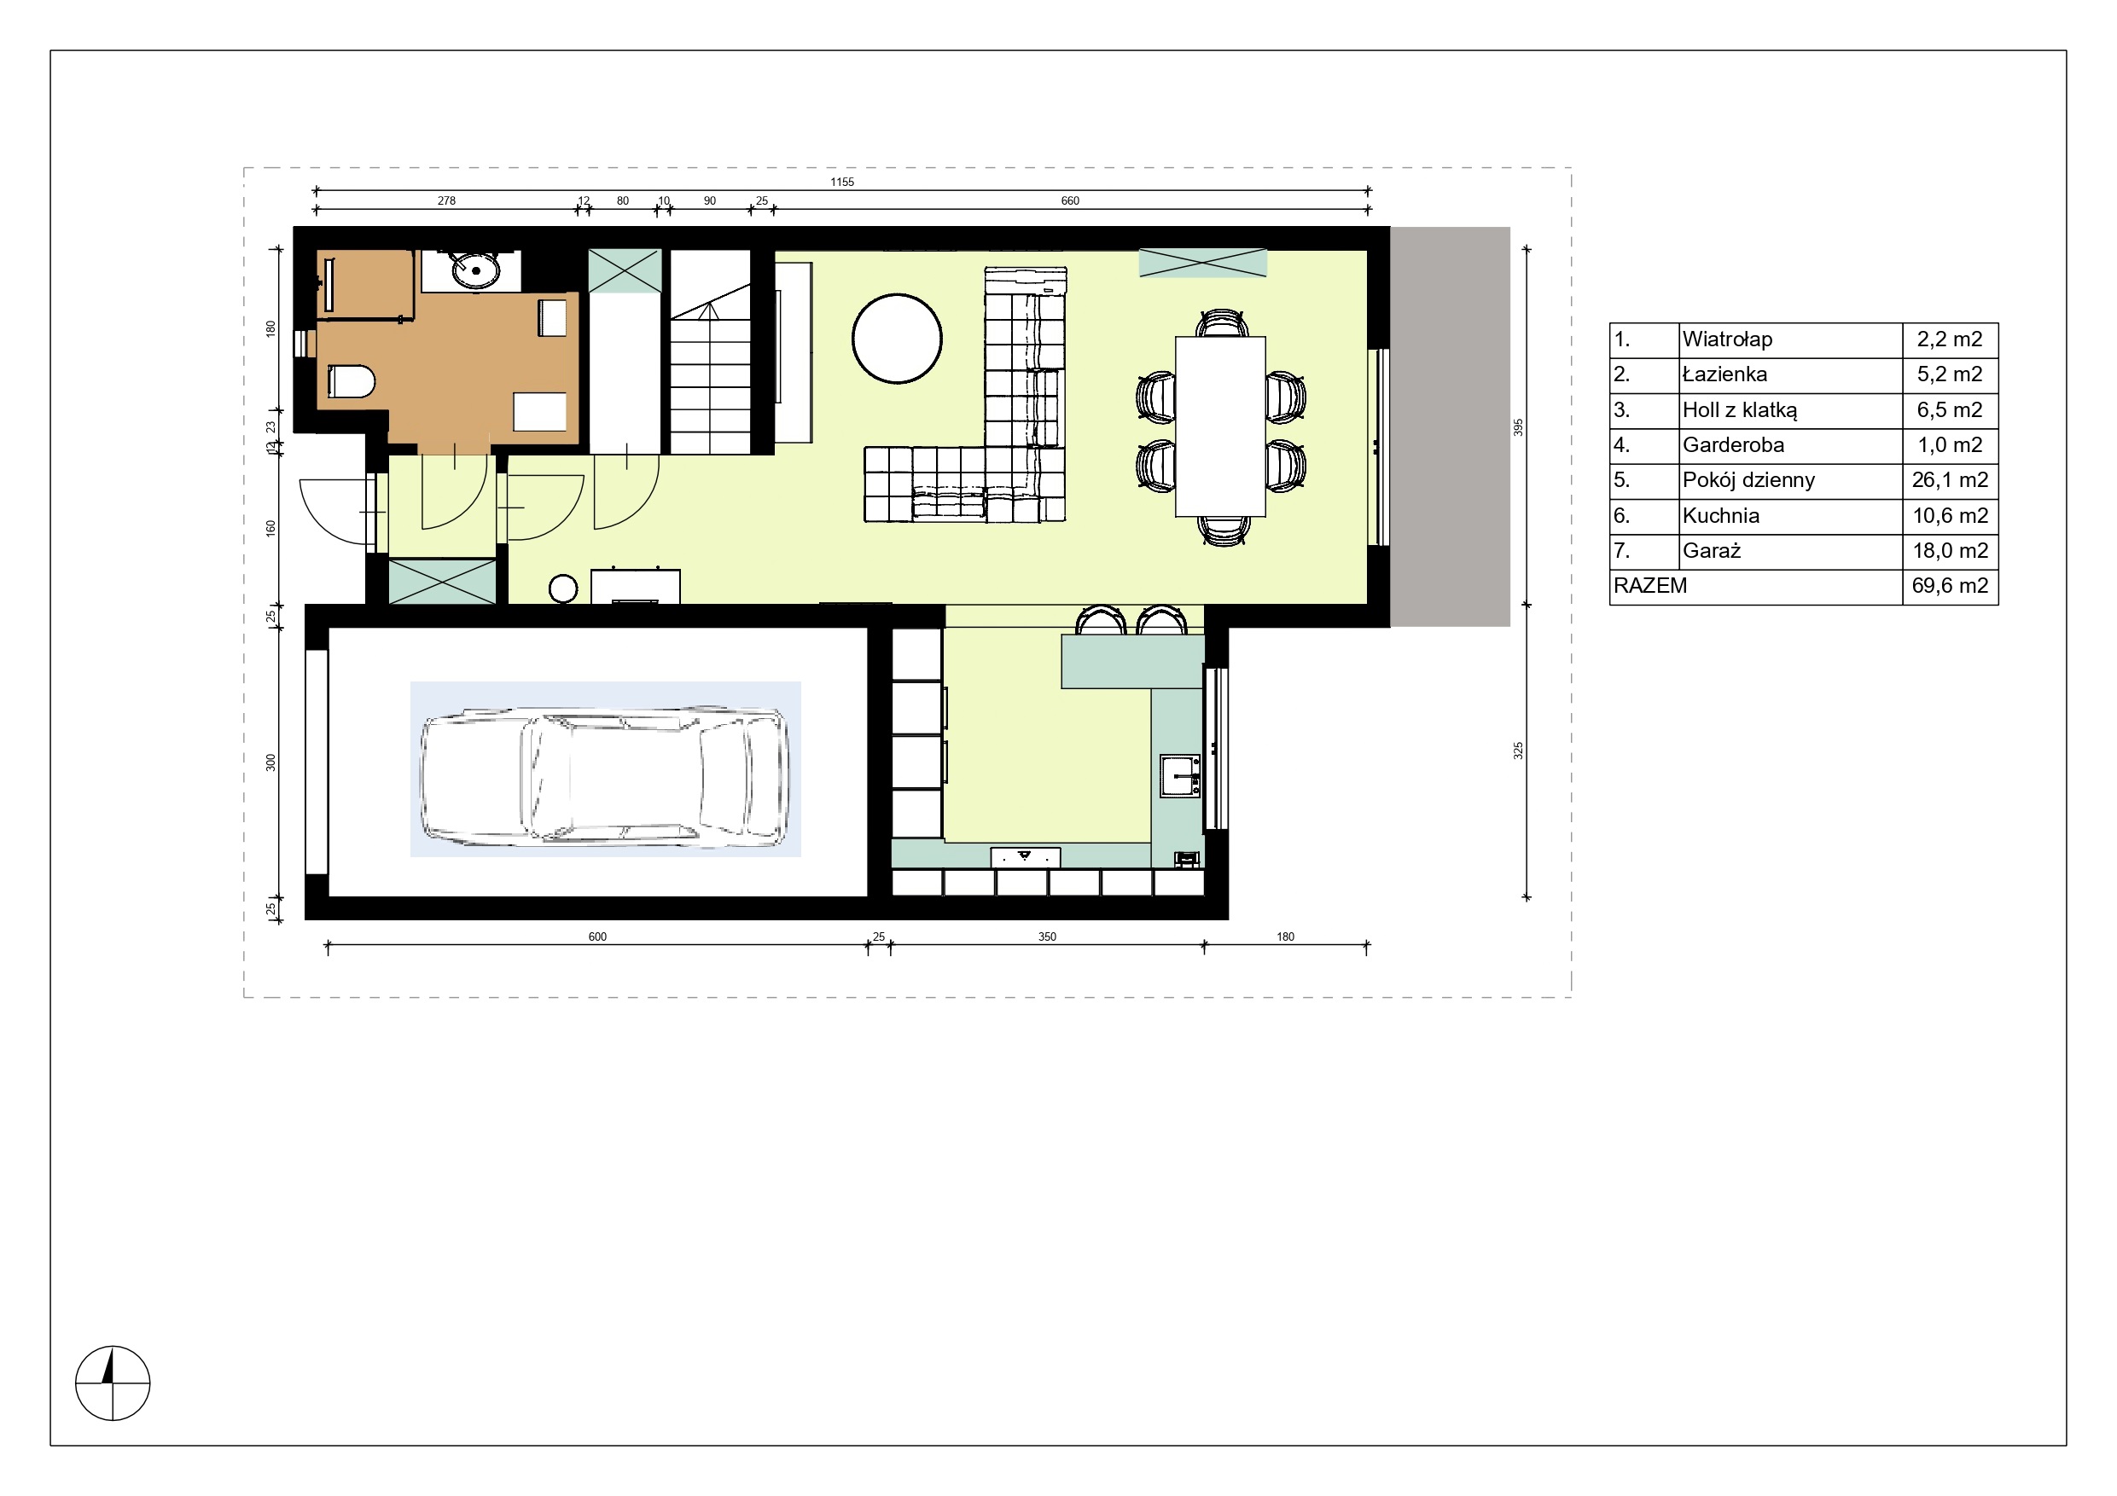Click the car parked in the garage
click(605, 776)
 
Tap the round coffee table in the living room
click(897, 339)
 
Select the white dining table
click(1220, 426)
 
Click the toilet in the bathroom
click(352, 380)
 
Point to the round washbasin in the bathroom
click(474, 270)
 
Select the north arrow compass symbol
click(113, 1383)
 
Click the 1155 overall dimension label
click(842, 183)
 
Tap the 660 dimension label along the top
click(1069, 201)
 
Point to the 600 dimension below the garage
click(597, 936)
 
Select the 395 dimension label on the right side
click(1519, 427)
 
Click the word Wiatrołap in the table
click(1727, 339)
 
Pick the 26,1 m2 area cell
click(1950, 480)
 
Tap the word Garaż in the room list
click(1712, 551)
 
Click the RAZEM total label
click(1650, 586)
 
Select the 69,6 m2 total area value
click(1950, 586)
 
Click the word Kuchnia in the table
click(1720, 516)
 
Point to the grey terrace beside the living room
click(1450, 426)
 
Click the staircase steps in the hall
click(710, 368)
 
